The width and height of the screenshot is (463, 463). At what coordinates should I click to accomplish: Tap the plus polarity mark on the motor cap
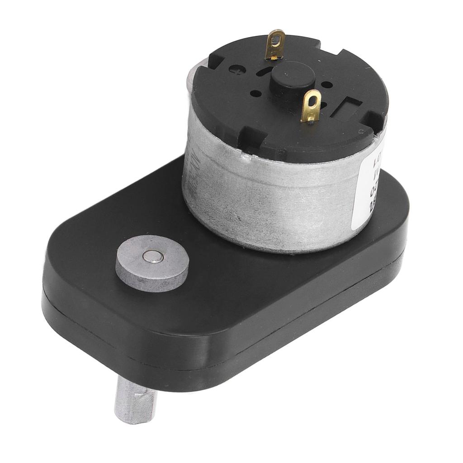(x=236, y=70)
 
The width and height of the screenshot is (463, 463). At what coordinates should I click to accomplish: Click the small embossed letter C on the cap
(x=361, y=132)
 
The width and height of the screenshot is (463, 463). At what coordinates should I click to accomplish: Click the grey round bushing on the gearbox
(x=152, y=263)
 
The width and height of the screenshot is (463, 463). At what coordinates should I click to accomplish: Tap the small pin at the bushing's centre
(x=152, y=257)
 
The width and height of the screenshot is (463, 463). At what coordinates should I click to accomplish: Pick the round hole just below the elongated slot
(x=255, y=94)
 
